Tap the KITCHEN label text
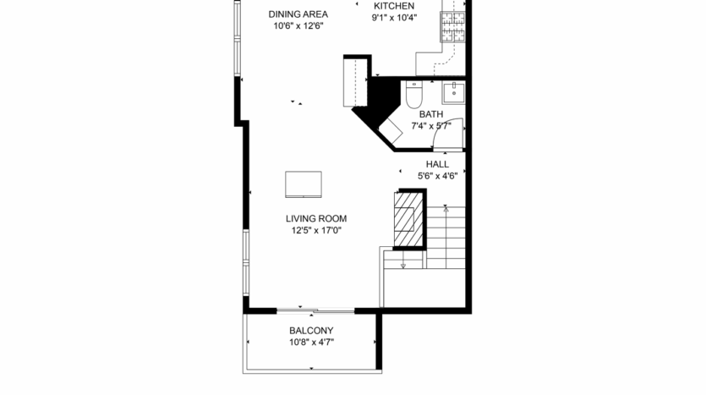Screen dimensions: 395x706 pyautogui.click(x=394, y=5)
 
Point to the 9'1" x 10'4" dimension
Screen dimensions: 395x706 pyautogui.click(x=394, y=17)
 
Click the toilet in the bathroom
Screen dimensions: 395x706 pyautogui.click(x=413, y=97)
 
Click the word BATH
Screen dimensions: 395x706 pyautogui.click(x=430, y=114)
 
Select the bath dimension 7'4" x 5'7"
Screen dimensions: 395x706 pyautogui.click(x=431, y=126)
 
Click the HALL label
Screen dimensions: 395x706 pyautogui.click(x=437, y=164)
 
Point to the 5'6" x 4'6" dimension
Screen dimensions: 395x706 pyautogui.click(x=437, y=176)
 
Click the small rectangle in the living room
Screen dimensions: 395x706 pyautogui.click(x=304, y=184)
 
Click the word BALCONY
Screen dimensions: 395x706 pyautogui.click(x=311, y=331)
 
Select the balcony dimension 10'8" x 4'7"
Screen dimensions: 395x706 pyautogui.click(x=311, y=343)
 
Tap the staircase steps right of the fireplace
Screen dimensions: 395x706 pyautogui.click(x=446, y=237)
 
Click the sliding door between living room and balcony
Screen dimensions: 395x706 pyautogui.click(x=315, y=309)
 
